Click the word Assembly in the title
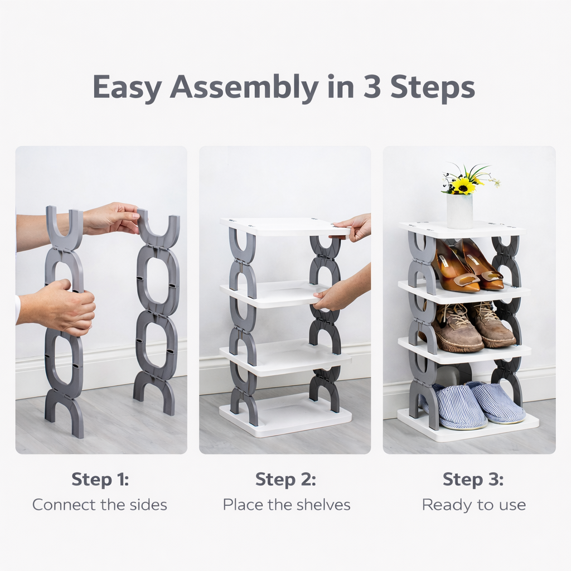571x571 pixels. (244, 88)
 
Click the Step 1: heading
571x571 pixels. (100, 480)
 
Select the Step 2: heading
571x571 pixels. (285, 480)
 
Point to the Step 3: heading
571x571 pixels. (473, 480)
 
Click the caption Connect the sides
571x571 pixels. (100, 505)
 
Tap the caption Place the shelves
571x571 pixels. (287, 505)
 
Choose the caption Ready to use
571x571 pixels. (473, 505)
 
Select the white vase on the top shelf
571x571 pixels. (459, 211)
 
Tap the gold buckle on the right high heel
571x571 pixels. (491, 275)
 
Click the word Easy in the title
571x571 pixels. (127, 88)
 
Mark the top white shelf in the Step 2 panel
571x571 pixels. (282, 226)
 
